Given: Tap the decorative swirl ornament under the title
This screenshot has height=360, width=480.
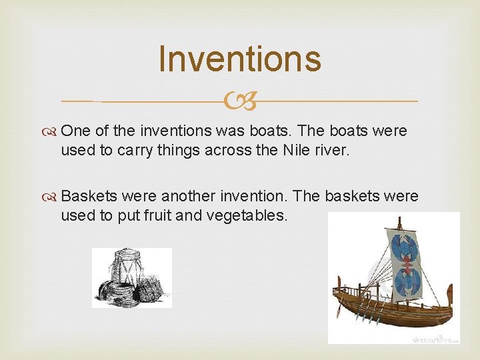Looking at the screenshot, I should (x=240, y=101).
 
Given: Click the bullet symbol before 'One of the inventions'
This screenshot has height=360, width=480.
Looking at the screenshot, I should (x=53, y=131).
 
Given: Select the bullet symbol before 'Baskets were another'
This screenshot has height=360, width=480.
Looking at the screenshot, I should (x=53, y=197).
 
